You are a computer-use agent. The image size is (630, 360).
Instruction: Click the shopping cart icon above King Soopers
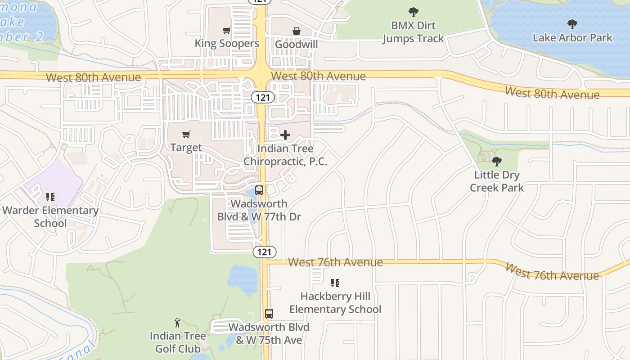227,31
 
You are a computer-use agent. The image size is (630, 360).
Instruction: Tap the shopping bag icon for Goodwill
297,31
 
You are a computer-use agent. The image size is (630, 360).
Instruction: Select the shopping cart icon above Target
186,134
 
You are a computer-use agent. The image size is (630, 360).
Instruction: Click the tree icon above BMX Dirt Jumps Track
413,12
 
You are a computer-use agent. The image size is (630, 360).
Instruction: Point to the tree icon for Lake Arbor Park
572,24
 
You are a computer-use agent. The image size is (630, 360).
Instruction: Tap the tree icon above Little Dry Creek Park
497,162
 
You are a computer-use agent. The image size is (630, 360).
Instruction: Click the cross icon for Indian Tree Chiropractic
285,135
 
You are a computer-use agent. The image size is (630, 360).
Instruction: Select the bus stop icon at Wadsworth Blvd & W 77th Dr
259,190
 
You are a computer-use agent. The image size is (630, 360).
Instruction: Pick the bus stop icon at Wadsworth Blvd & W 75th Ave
269,313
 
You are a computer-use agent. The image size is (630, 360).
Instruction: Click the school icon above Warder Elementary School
50,197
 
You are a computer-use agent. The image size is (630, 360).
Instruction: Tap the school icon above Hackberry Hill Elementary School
335,283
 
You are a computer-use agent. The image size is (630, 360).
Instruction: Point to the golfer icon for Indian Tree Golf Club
178,322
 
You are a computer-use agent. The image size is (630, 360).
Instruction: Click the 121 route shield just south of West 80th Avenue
263,97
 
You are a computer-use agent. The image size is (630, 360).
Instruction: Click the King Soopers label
227,44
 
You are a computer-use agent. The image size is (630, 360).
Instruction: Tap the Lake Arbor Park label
572,37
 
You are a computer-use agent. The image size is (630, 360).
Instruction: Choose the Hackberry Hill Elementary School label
335,303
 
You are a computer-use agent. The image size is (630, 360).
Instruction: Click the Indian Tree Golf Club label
178,342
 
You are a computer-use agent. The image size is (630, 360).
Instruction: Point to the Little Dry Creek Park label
497,181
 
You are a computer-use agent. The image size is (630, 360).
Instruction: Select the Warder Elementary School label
50,216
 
